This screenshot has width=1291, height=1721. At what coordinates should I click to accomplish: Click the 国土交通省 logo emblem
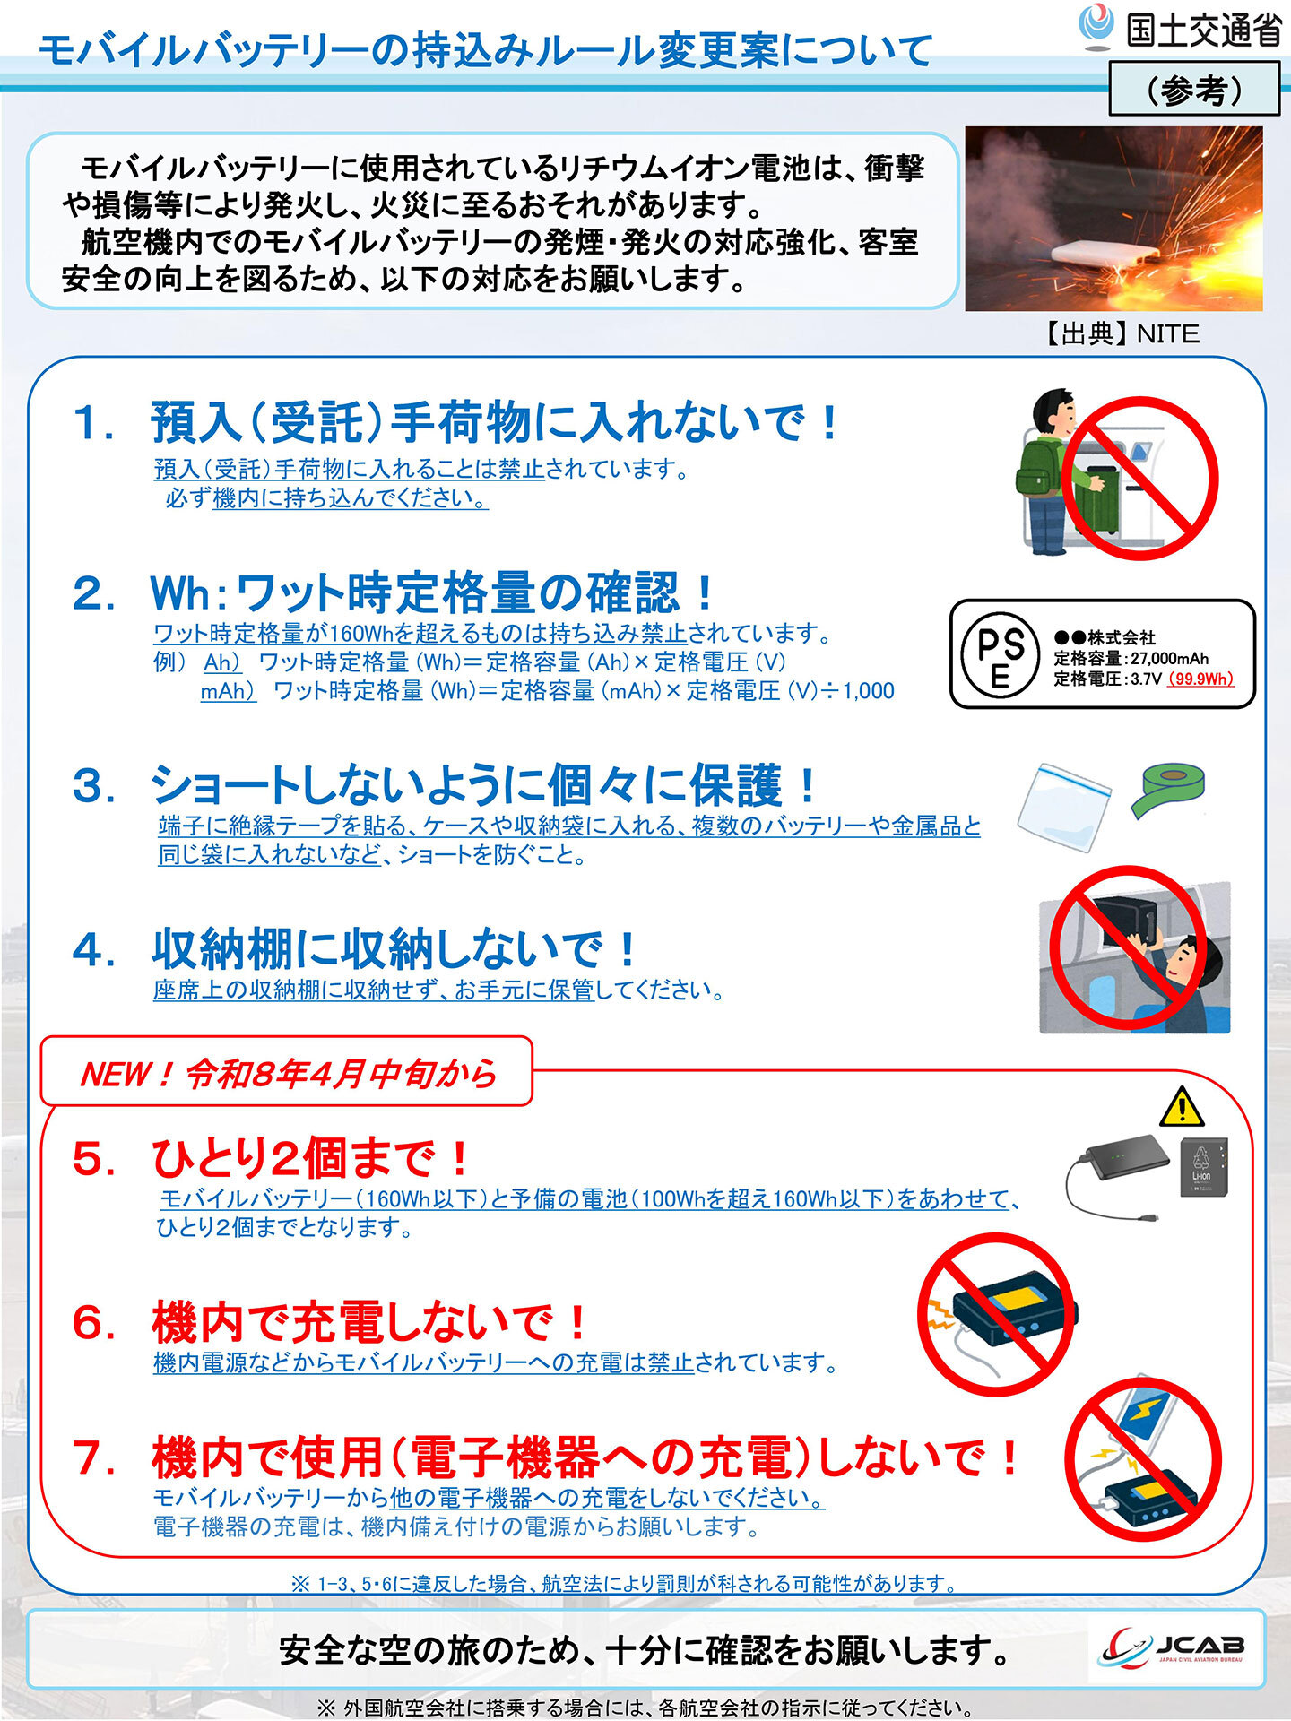1095,26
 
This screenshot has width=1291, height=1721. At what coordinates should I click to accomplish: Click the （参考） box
1193,89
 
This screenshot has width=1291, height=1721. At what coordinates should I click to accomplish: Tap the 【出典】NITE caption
1121,333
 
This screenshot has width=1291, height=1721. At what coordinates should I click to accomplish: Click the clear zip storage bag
1064,806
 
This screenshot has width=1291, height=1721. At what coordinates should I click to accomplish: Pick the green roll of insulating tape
1166,789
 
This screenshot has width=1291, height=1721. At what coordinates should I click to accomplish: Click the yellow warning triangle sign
1181,1108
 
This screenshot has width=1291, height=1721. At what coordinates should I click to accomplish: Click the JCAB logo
1174,1650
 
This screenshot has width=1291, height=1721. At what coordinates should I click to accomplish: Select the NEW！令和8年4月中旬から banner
287,1072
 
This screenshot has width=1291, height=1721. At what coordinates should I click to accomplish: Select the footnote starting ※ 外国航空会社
645,1707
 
